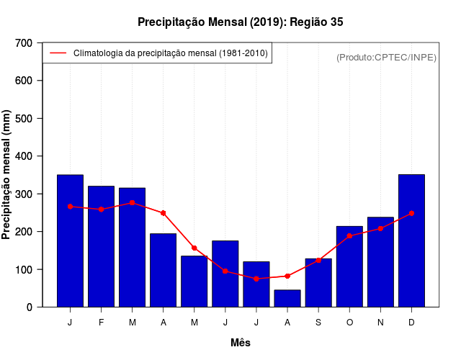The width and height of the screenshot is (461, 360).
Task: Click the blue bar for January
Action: [x=70, y=240]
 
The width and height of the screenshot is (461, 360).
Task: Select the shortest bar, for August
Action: [x=287, y=299]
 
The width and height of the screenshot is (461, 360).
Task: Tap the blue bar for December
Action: [x=411, y=240]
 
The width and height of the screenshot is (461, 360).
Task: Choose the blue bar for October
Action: [x=349, y=266]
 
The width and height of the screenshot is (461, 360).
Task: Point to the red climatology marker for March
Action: [x=132, y=203]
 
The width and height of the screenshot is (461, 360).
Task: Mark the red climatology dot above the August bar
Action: [x=287, y=276]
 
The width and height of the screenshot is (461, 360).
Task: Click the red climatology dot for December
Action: [x=411, y=213]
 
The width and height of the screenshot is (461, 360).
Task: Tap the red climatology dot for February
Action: [x=101, y=210]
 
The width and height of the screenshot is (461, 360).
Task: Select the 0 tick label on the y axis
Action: [x=29, y=307]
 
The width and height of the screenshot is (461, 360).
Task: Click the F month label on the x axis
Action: [x=101, y=323]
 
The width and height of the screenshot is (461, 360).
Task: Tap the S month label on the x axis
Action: [x=318, y=323]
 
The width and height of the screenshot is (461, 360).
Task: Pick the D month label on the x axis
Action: [x=411, y=323]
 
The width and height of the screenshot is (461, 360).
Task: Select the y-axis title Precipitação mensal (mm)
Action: [x=7, y=175]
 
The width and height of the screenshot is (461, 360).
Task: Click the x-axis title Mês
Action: [x=241, y=343]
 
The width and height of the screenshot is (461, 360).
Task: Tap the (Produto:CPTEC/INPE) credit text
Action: [x=387, y=58]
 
